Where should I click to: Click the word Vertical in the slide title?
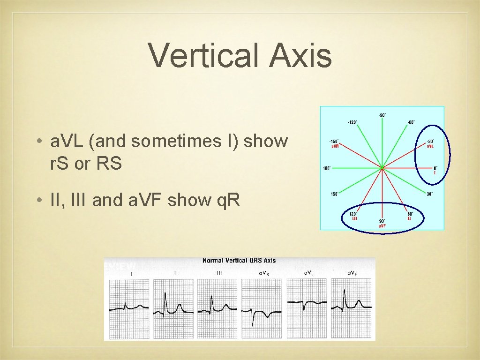[203, 55]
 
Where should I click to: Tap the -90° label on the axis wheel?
[382, 115]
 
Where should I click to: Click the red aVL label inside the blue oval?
[430, 146]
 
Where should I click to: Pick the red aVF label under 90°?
[382, 226]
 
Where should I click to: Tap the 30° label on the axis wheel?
[429, 194]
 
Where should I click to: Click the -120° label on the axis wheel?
[352, 122]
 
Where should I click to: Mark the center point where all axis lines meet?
[382, 167]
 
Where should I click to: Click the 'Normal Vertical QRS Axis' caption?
[239, 261]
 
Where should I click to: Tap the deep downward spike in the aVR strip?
[253, 324]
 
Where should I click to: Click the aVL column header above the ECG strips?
[309, 272]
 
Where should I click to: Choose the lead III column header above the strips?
[219, 272]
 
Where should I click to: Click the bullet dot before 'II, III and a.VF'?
[43, 201]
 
